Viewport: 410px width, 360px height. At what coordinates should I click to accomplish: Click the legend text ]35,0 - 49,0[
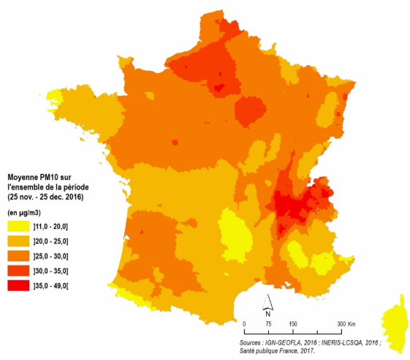62,284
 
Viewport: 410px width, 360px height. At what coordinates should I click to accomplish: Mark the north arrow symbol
268,303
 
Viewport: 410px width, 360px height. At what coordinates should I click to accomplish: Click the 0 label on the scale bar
243,324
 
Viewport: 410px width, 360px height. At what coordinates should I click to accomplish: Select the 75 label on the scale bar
268,324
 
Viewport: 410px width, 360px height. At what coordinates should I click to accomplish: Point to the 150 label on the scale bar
292,324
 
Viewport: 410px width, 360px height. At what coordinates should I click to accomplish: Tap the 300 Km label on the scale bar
345,324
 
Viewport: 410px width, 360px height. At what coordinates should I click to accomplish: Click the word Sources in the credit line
255,341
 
